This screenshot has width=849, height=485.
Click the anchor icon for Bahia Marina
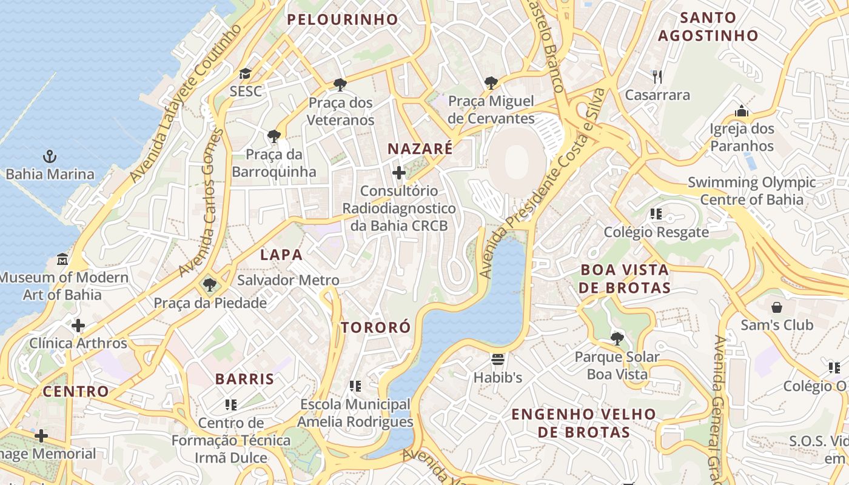pos(50,156)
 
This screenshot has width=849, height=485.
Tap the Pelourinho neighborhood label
pos(342,19)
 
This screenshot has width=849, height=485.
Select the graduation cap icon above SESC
pos(245,74)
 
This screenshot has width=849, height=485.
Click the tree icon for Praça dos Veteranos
pos(340,84)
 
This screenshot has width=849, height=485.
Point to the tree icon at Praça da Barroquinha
pos(274,136)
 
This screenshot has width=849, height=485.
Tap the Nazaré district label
pos(420,149)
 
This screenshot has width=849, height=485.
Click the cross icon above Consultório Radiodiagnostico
pos(399,173)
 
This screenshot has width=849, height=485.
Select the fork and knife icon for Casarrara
pos(657,76)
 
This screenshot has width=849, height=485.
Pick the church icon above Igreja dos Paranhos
pos(742,111)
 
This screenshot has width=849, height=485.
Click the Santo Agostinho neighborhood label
pos(708,27)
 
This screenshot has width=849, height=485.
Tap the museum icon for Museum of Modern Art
pos(62,259)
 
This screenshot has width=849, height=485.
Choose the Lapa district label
pos(281,255)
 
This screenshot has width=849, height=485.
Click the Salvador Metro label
pos(288,280)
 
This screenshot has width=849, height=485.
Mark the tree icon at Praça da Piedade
pos(210,284)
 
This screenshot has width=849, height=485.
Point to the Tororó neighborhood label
pos(375,328)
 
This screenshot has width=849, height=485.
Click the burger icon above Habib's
pos(498,360)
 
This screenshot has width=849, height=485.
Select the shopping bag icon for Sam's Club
pos(777,307)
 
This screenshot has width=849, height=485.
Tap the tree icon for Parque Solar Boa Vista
pos(617,339)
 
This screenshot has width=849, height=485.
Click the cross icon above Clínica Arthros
pos(78,326)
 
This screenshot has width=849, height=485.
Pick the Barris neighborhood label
pos(244,380)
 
